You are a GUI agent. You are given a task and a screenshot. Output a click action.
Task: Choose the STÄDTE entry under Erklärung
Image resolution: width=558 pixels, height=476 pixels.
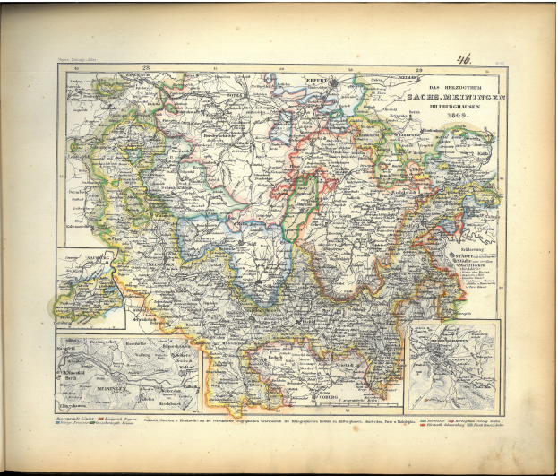coord(464,255)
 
